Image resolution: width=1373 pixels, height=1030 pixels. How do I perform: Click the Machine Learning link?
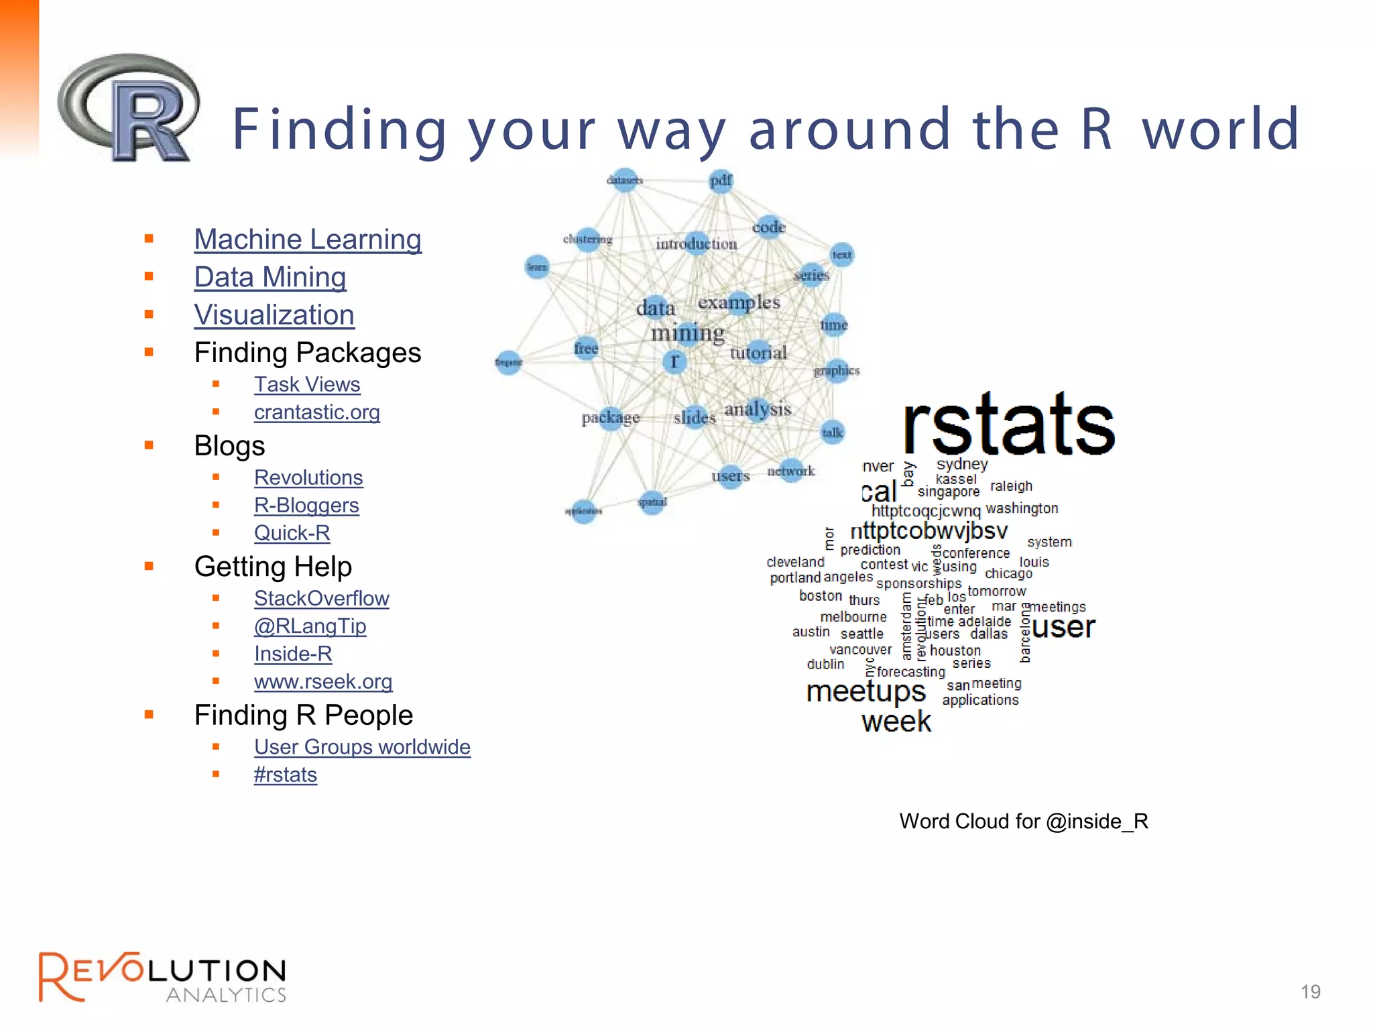(x=308, y=239)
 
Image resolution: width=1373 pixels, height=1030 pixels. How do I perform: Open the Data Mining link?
(x=270, y=277)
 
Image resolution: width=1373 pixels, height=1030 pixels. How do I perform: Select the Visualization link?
(x=274, y=315)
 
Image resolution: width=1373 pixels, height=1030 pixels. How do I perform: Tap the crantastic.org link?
(x=316, y=412)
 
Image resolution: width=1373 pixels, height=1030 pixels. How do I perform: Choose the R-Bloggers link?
(x=306, y=505)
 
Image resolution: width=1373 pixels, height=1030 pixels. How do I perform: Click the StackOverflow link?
(x=321, y=598)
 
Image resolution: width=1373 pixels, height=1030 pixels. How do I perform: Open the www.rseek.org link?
(x=323, y=681)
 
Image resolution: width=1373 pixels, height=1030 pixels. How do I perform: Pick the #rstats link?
(x=285, y=775)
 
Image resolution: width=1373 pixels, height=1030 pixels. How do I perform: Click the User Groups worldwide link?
(x=362, y=746)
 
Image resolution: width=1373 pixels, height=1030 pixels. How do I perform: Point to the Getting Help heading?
(x=273, y=567)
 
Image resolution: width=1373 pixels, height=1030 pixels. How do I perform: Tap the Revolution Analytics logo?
(x=162, y=977)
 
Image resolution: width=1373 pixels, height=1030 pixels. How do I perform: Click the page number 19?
(x=1310, y=991)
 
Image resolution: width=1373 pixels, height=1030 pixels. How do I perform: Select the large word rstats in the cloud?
(x=1008, y=423)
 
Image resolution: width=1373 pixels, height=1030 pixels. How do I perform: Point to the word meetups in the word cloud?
(x=865, y=691)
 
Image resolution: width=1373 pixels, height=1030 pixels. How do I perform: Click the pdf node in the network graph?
(x=721, y=180)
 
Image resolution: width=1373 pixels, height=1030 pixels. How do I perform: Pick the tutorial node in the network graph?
(x=758, y=352)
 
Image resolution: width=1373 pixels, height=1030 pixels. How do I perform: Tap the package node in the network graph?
(x=610, y=418)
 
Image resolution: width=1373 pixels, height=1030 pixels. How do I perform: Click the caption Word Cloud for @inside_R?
(x=1024, y=821)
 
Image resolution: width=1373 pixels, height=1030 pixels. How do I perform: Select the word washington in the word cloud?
(x=1022, y=508)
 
